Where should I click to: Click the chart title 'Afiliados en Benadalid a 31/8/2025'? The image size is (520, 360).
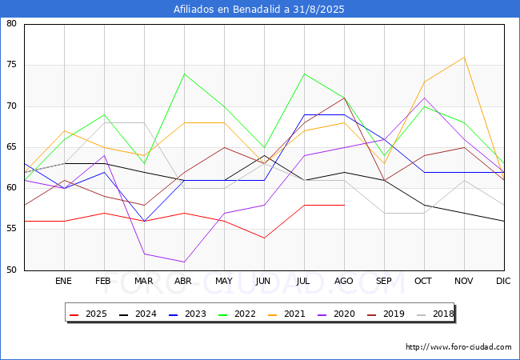click(260, 10)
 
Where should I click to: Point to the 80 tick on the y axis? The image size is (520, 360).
click(12, 24)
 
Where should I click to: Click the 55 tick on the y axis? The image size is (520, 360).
click(12, 230)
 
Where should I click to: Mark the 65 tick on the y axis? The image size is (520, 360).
click(12, 147)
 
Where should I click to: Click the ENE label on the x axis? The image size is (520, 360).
click(64, 282)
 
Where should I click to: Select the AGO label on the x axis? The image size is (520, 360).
click(344, 282)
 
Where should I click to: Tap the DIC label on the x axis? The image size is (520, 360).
click(504, 282)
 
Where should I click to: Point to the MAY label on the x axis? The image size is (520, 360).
click(224, 282)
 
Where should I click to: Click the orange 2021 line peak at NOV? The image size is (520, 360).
click(464, 57)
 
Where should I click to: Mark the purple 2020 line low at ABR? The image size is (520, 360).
click(184, 262)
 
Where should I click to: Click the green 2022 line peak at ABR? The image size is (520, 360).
click(184, 74)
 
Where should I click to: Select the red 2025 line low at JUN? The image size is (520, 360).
click(264, 238)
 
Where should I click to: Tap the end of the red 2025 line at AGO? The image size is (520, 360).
click(344, 205)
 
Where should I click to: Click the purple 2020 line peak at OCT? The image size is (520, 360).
click(424, 98)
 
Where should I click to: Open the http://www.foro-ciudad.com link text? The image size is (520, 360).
click(458, 347)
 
